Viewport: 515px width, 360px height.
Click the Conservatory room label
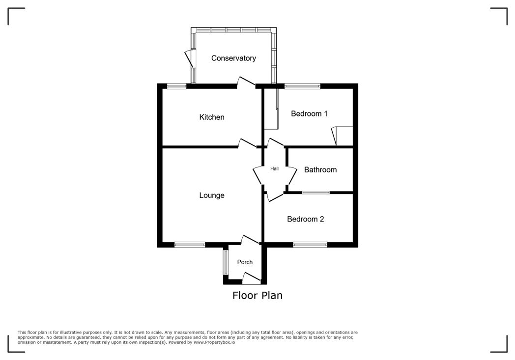point(233,58)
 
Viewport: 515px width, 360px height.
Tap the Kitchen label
point(211,117)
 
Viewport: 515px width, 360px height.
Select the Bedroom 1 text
point(309,113)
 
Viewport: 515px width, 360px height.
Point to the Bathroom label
point(320,169)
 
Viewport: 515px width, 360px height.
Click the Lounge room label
point(211,195)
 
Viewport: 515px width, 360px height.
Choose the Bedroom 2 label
point(305,219)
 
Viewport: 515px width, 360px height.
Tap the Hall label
point(274,168)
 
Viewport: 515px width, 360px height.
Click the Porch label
point(245,262)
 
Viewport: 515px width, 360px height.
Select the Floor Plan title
point(257,295)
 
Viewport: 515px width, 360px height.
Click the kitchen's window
point(176,86)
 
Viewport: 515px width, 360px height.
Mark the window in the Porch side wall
point(226,262)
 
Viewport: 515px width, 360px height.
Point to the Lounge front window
point(190,244)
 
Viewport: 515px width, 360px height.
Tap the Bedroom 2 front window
point(310,244)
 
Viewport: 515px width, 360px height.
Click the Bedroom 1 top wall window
point(302,86)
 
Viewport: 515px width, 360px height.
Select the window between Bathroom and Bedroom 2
point(316,193)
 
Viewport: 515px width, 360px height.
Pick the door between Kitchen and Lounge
point(247,143)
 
